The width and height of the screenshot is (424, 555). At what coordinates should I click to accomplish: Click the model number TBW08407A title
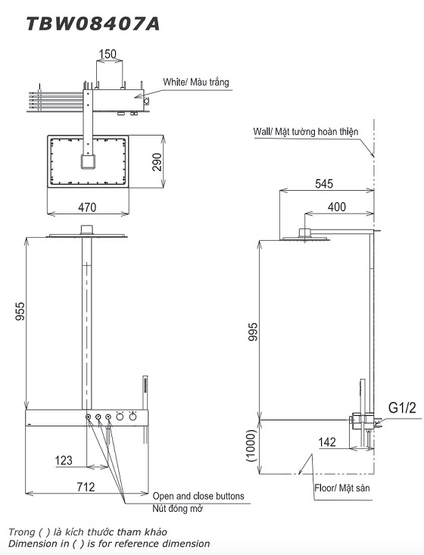pyautogui.click(x=93, y=23)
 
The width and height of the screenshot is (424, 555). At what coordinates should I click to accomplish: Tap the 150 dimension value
pyautogui.click(x=108, y=54)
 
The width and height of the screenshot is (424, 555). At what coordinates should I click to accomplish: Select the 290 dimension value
pyautogui.click(x=157, y=162)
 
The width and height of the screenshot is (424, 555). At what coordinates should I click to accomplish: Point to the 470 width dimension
pyautogui.click(x=87, y=207)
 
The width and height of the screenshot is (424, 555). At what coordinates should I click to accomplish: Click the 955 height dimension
pyautogui.click(x=20, y=311)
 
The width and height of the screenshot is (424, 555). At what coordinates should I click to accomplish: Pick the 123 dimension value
pyautogui.click(x=64, y=460)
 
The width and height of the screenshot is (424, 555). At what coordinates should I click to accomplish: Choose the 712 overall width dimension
pyautogui.click(x=86, y=487)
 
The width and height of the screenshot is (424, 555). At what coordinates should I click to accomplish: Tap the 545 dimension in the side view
pyautogui.click(x=324, y=183)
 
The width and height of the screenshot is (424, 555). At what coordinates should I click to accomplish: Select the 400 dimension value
pyautogui.click(x=337, y=207)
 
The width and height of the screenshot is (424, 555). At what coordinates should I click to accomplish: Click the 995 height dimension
pyautogui.click(x=254, y=332)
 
